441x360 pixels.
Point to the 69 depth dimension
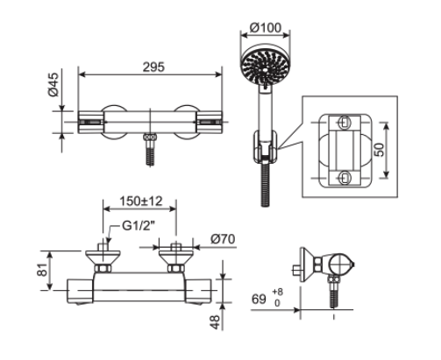260,300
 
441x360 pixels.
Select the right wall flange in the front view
176,256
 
